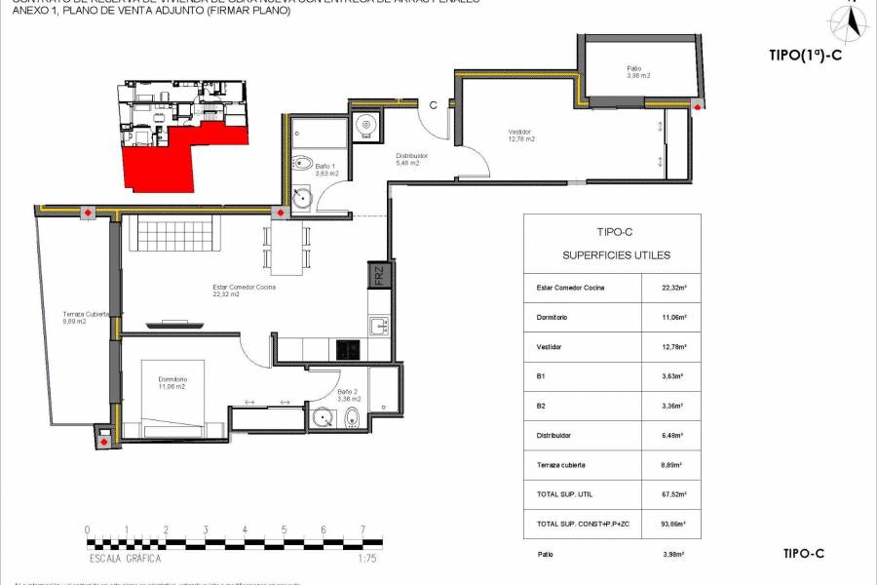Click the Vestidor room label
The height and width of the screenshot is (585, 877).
(x=521, y=136)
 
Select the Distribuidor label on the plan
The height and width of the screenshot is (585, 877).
(x=407, y=159)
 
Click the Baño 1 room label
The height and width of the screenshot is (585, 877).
(x=326, y=170)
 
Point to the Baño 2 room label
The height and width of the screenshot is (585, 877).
(x=322, y=396)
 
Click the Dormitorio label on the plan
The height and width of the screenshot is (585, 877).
(x=172, y=382)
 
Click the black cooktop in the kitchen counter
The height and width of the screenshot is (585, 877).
(x=348, y=348)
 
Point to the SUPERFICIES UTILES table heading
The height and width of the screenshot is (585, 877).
(x=615, y=255)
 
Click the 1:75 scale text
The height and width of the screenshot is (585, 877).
(x=366, y=559)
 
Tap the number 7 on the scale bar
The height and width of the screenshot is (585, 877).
(x=362, y=530)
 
